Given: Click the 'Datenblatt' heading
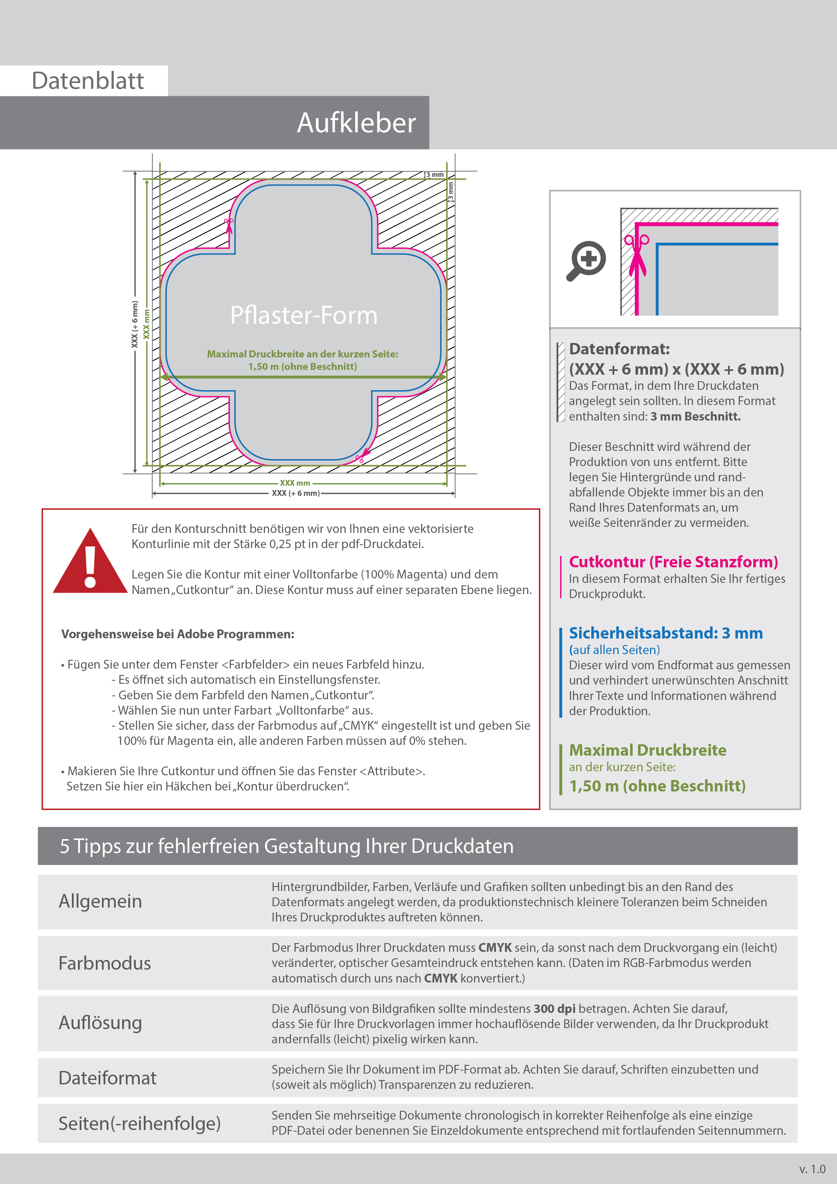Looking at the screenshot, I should coord(88,81).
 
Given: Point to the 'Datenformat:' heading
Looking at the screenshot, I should coord(619,349).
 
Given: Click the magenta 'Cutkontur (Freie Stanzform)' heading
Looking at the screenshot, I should coord(673,562).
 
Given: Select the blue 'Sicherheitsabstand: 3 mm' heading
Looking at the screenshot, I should coord(665,633).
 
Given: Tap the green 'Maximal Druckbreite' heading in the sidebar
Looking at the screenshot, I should coord(647,750).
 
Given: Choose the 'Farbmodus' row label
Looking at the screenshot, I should coord(105,963).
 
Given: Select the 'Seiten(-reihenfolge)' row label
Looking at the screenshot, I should coord(139,1123).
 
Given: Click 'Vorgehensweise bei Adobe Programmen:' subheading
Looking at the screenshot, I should coord(178,634).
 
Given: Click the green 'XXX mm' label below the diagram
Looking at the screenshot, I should coord(295,483).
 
